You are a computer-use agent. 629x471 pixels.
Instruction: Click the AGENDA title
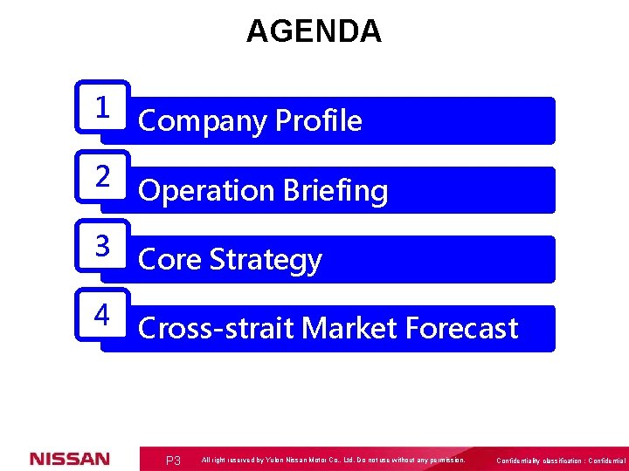click(314, 31)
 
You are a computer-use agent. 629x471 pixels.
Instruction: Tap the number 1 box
click(103, 107)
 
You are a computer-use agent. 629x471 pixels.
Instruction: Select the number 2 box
click(103, 176)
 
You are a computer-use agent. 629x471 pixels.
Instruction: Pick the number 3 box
click(103, 246)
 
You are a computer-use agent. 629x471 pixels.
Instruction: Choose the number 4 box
click(103, 315)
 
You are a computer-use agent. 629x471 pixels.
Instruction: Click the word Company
click(203, 120)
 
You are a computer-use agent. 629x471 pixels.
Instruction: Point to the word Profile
click(318, 120)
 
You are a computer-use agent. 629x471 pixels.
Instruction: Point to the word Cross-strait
click(217, 329)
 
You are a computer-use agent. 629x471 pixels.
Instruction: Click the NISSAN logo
click(70, 459)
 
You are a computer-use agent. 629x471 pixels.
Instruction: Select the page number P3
click(173, 461)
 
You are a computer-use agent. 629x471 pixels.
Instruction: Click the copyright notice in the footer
click(333, 460)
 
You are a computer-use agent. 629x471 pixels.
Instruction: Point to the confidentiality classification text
click(560, 461)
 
